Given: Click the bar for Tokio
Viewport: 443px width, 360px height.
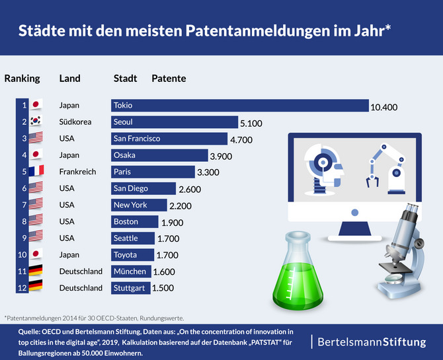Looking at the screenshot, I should [x=239, y=106].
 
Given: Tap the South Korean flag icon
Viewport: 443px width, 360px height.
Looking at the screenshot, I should [x=36, y=122].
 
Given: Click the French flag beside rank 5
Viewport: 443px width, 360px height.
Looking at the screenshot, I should [x=36, y=172].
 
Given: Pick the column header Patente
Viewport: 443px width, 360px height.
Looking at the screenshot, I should [x=169, y=79].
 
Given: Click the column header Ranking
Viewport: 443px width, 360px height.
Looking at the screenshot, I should [x=22, y=79].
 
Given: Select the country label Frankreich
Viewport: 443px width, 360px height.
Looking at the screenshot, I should [x=77, y=172].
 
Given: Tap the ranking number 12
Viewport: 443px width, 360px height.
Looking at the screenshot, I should [x=24, y=287].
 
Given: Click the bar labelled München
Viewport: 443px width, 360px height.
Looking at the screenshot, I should [x=131, y=271].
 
